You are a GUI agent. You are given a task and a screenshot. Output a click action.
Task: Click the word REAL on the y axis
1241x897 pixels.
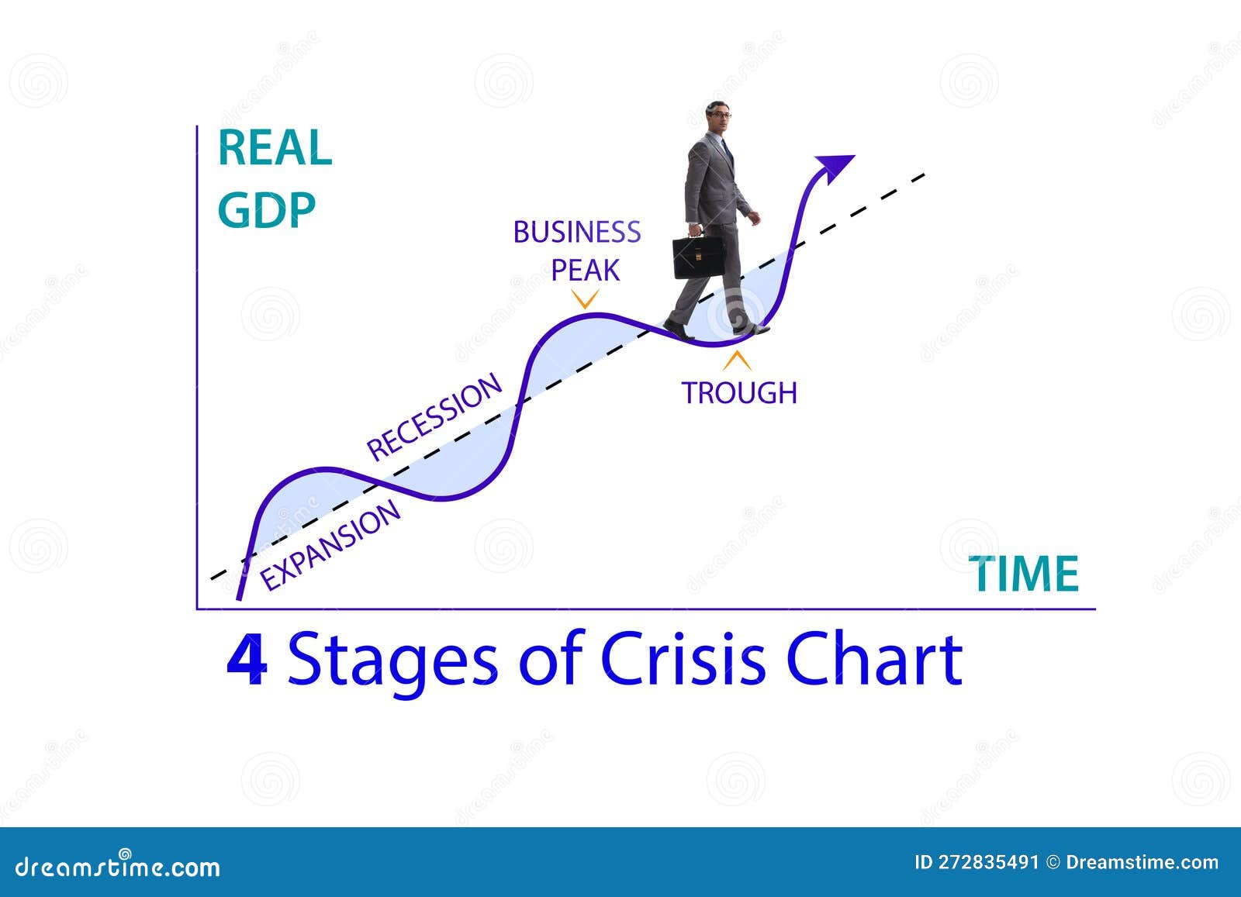pyautogui.click(x=275, y=148)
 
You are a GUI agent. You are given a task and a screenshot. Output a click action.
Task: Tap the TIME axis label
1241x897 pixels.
pyautogui.click(x=1026, y=574)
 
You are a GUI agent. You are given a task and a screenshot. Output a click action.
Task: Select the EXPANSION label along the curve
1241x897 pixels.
pyautogui.click(x=330, y=545)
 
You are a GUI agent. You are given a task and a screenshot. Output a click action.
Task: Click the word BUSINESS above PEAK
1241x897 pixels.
pyautogui.click(x=577, y=232)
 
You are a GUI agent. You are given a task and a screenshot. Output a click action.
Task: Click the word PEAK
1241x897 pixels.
pyautogui.click(x=586, y=270)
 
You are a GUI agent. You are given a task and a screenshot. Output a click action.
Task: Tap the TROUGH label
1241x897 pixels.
pyautogui.click(x=739, y=392)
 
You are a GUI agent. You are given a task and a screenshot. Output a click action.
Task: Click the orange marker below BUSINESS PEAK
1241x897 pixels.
pyautogui.click(x=585, y=298)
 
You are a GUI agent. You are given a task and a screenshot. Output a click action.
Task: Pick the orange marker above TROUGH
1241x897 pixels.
pyautogui.click(x=737, y=361)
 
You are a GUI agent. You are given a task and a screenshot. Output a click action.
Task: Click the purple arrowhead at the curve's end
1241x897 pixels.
pyautogui.click(x=834, y=165)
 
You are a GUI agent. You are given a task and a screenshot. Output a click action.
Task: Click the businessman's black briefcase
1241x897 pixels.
pyautogui.click(x=697, y=257)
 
